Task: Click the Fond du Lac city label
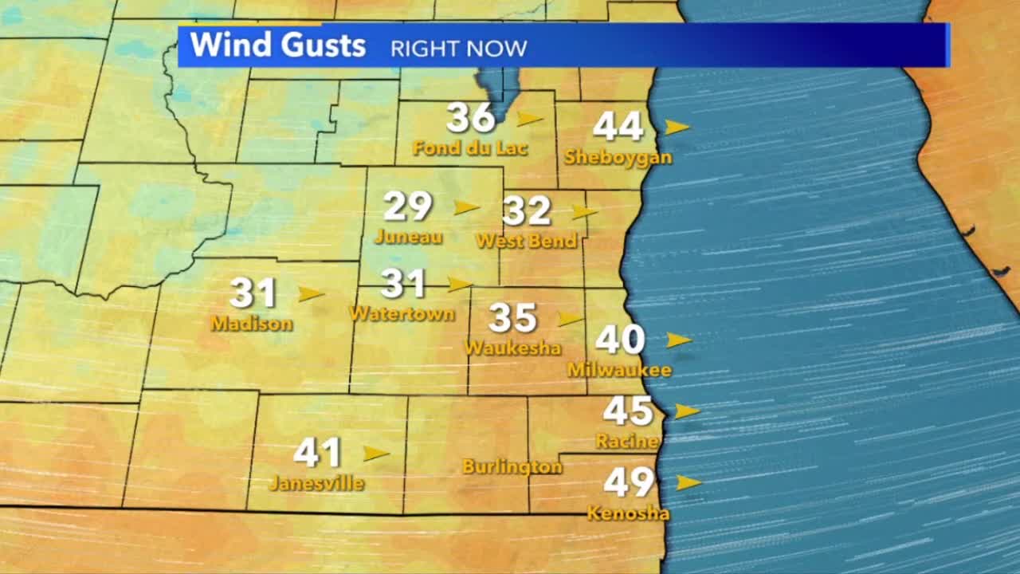pos(470,148)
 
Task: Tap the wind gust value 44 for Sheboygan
pos(618,126)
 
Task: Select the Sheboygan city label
pos(618,157)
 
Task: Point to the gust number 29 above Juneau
pos(408,206)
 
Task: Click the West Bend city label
pos(526,240)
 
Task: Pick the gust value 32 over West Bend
pos(527,211)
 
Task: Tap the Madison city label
pos(252,324)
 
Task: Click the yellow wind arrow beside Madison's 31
pos(311,293)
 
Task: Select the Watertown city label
pos(402,313)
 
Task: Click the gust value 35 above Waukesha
pos(512,317)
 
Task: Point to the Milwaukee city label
pos(619,370)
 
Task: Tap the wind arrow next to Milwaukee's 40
pos(678,340)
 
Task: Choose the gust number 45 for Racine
pos(628,411)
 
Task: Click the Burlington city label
pos(512,466)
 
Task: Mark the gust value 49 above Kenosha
pos(629,482)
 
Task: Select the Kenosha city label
pos(628,513)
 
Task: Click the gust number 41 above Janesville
pos(317,453)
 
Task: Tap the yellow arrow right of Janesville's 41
pos(375,454)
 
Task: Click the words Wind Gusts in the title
pos(278,45)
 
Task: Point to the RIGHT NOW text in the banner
pos(458,49)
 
